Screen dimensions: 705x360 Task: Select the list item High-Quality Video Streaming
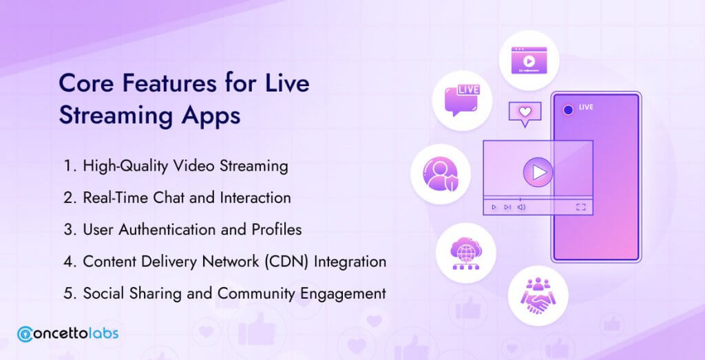tap(176, 166)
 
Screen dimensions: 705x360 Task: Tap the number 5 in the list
tap(68, 294)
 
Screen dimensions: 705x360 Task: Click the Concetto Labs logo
tap(68, 334)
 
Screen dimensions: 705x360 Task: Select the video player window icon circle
tap(529, 60)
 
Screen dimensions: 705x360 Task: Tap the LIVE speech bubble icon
tap(462, 100)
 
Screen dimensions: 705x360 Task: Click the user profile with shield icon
tap(441, 173)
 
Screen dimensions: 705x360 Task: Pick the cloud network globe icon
tap(465, 253)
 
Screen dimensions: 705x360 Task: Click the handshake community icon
tap(538, 295)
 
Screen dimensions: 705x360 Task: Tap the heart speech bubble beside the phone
tap(525, 114)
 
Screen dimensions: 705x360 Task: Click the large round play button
tap(538, 172)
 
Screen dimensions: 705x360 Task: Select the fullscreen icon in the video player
tap(581, 207)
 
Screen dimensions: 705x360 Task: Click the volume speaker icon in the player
tap(522, 207)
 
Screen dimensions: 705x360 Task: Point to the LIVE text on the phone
tap(586, 107)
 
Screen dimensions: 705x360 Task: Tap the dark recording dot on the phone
tap(568, 109)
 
